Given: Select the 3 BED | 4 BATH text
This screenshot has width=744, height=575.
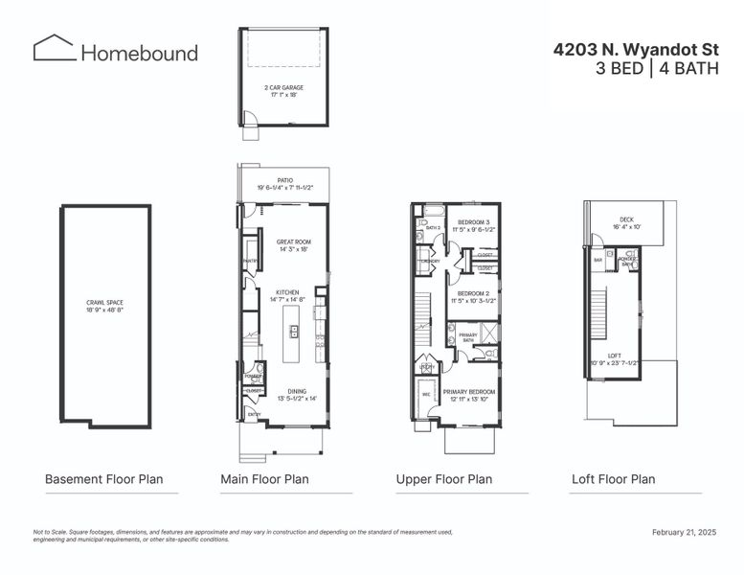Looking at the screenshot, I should [x=657, y=68].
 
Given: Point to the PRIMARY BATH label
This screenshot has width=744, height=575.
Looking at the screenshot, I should [x=468, y=336].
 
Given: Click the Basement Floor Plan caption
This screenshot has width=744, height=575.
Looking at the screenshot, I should [x=103, y=479].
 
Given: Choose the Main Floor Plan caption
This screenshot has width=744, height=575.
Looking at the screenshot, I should [x=264, y=479].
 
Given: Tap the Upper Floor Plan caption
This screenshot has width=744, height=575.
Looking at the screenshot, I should [x=444, y=479].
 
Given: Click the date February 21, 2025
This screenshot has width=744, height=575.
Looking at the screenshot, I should [x=684, y=532].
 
